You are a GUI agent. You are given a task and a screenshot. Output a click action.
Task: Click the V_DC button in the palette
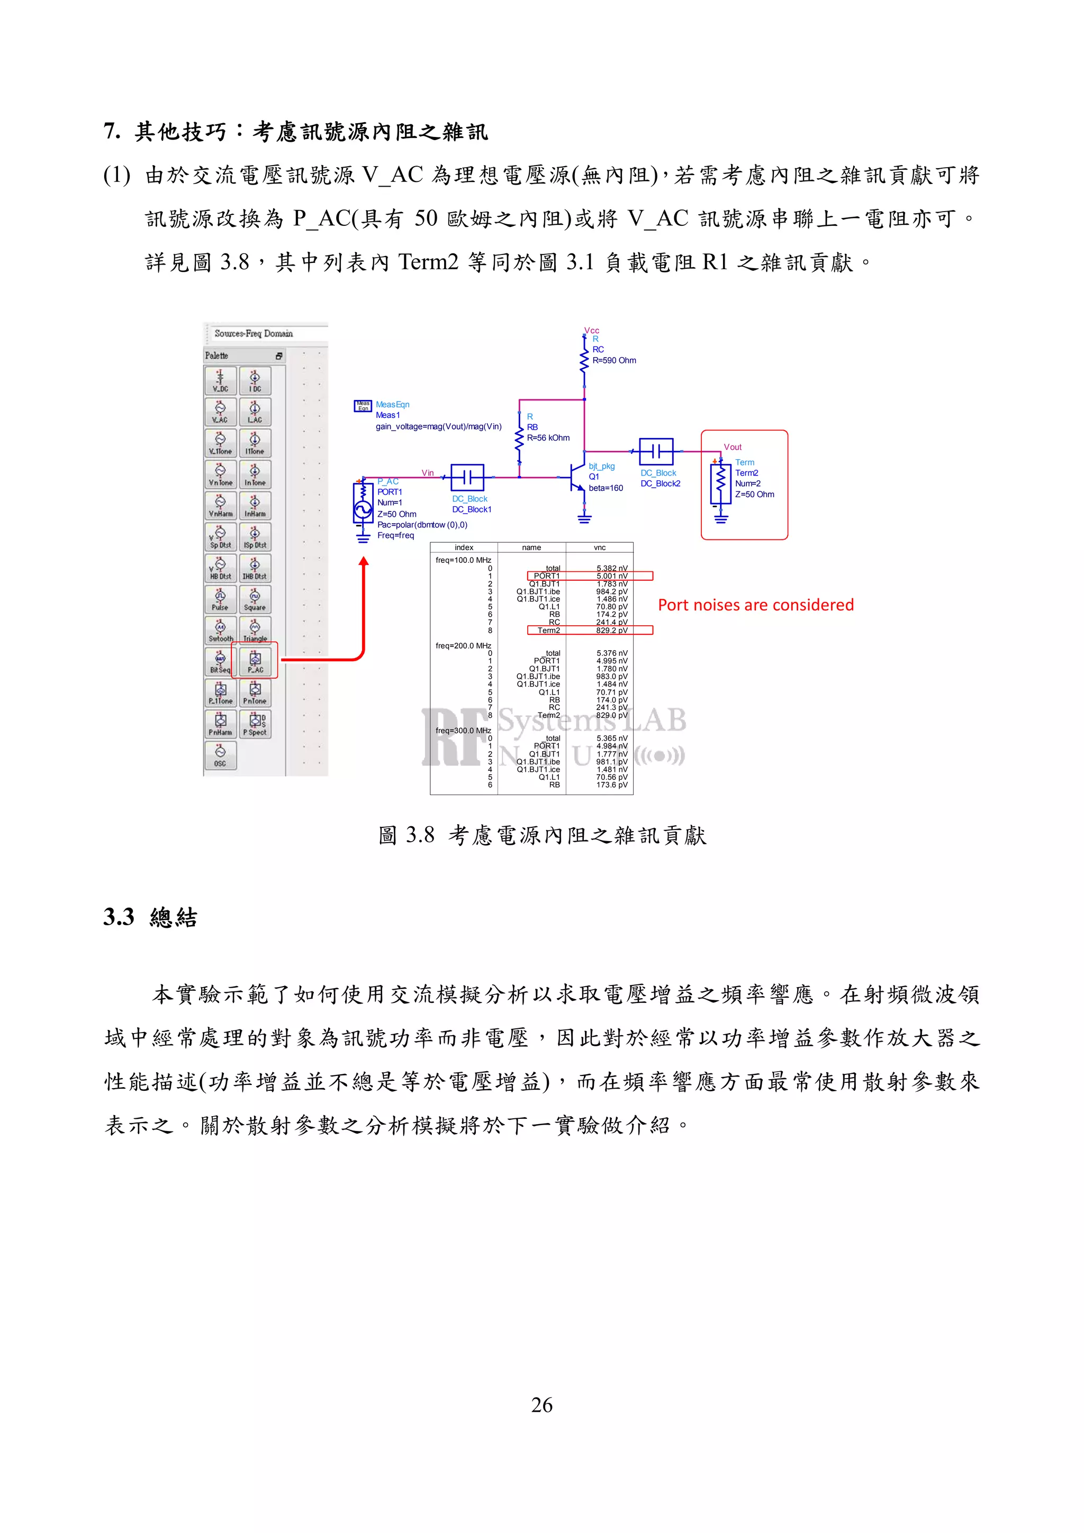click(220, 380)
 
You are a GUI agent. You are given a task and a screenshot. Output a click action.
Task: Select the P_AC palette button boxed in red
click(255, 661)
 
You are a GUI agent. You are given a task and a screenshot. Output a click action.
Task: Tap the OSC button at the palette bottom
click(220, 756)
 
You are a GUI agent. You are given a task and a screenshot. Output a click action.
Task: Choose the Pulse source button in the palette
click(220, 599)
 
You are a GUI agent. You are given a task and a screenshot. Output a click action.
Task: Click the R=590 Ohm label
click(614, 361)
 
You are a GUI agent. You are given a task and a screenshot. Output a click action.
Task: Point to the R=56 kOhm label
click(548, 438)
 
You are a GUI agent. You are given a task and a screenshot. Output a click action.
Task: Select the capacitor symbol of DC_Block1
click(467, 477)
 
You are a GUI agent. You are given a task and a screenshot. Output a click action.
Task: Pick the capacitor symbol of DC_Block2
click(656, 452)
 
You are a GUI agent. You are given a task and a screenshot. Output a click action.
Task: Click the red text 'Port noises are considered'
click(755, 605)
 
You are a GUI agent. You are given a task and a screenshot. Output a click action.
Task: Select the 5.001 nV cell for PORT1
click(612, 576)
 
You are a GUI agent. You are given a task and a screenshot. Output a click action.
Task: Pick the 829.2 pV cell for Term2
click(612, 631)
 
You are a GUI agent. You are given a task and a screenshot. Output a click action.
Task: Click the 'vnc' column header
click(599, 547)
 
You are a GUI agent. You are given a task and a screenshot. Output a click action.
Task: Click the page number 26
click(541, 1406)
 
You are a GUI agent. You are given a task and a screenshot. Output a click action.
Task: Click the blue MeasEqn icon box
click(363, 406)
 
